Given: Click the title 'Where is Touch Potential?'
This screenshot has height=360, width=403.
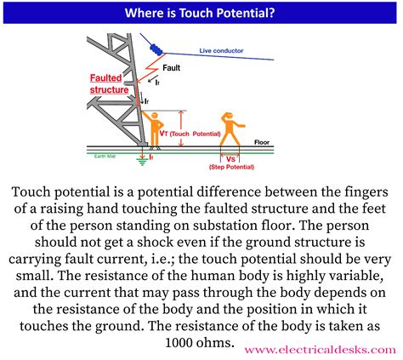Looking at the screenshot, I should pyautogui.click(x=201, y=13).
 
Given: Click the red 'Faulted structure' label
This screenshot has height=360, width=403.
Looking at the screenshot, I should pyautogui.click(x=110, y=83).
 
